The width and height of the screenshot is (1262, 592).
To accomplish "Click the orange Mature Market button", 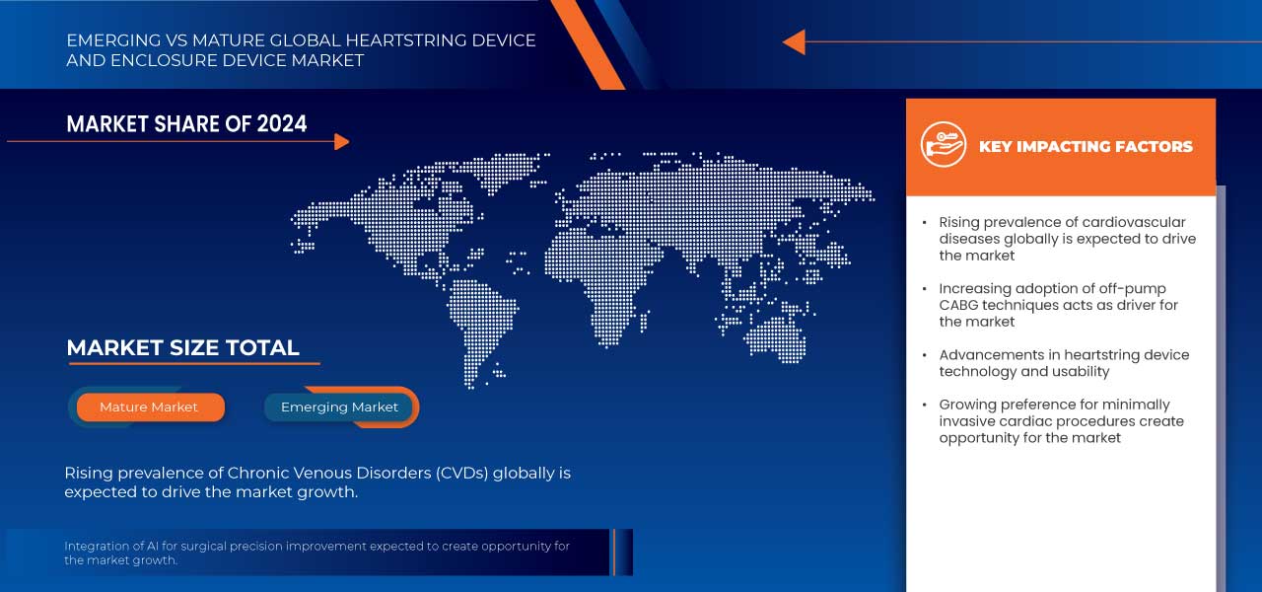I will pyautogui.click(x=149, y=407).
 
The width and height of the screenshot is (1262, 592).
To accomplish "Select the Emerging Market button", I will pyautogui.click(x=339, y=407).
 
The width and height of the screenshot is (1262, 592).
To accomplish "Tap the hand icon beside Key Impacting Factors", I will pyautogui.click(x=943, y=145).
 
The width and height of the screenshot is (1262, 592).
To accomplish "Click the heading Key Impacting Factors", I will pyautogui.click(x=1085, y=146).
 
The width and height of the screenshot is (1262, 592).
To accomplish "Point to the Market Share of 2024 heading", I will pyautogui.click(x=186, y=123).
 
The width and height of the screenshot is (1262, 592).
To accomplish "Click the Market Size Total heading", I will pyautogui.click(x=182, y=347).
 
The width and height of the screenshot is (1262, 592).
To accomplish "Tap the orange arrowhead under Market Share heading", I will pyautogui.click(x=341, y=142).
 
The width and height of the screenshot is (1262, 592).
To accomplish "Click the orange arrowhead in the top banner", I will pyautogui.click(x=794, y=42).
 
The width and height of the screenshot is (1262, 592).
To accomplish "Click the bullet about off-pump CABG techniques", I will pyautogui.click(x=1058, y=305).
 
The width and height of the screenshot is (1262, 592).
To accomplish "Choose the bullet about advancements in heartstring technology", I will pyautogui.click(x=1064, y=363).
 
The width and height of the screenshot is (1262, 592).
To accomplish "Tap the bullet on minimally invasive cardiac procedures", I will pyautogui.click(x=1061, y=421).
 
